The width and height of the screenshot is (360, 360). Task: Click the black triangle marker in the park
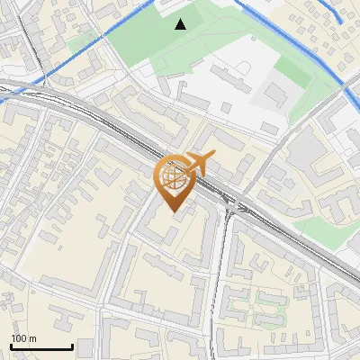pos(181,24)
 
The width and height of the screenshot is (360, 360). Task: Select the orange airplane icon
pos(199,164)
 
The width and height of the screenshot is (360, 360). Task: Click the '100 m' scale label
pos(23,338)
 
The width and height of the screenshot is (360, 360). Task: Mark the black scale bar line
pos(41,346)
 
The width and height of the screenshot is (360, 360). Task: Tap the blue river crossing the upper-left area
pos(72,56)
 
